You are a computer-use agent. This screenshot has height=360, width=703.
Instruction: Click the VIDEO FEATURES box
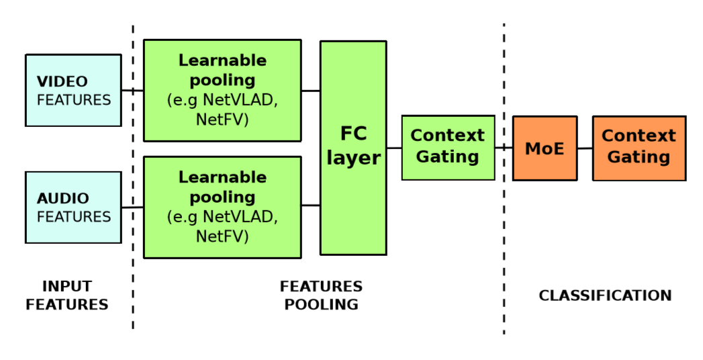tap(73, 90)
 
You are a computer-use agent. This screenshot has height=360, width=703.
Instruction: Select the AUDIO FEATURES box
tap(73, 207)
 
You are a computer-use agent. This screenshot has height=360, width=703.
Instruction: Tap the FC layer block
tap(353, 148)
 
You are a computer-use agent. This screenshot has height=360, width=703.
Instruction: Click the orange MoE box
tap(545, 148)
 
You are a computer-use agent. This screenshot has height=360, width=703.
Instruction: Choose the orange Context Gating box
tap(639, 148)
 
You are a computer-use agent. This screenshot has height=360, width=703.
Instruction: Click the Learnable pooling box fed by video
tap(222, 90)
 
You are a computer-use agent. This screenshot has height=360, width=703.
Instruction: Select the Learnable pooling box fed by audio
tap(222, 207)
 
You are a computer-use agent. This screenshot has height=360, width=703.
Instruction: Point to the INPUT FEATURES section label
tap(67, 296)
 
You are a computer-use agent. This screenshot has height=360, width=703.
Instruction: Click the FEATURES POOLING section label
tap(321, 296)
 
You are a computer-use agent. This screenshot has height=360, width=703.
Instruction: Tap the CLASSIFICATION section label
tap(605, 296)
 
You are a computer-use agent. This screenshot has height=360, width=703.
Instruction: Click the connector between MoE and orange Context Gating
tap(585, 148)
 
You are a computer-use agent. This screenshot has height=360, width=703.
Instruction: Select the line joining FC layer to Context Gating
tap(394, 148)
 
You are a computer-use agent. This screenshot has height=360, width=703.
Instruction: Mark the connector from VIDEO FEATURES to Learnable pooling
tap(132, 90)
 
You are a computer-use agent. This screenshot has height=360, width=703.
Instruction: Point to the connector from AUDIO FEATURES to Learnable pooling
tap(132, 207)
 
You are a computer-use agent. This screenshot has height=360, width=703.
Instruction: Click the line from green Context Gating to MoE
tap(504, 148)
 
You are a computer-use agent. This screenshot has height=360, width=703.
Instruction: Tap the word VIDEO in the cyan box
tap(62, 82)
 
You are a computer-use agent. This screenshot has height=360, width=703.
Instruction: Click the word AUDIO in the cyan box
tap(63, 199)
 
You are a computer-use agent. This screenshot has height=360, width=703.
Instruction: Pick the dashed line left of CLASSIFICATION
tap(504, 235)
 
